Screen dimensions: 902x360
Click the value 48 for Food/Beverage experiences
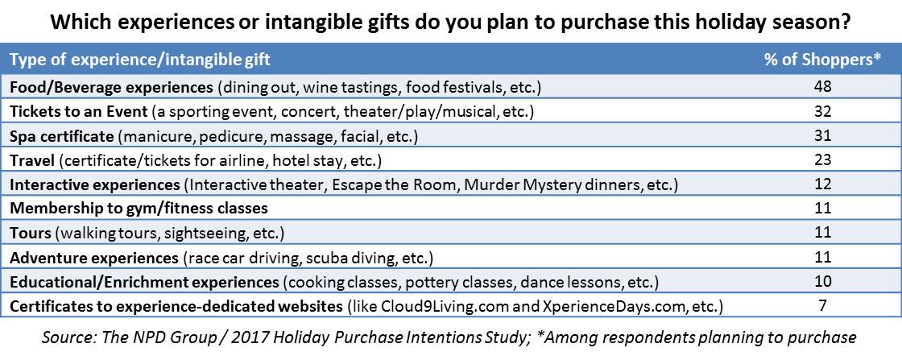pos(823,88)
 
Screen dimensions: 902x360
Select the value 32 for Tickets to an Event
pos(823,112)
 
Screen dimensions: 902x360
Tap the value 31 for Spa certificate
pos(823,136)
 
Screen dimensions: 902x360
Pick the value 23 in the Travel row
pos(823,160)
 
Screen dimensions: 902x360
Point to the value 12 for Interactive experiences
pos(823,184)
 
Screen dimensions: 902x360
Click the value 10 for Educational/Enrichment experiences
pos(823,282)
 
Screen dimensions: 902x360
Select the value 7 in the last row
pos(823,306)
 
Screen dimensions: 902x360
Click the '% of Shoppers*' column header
pos(822,60)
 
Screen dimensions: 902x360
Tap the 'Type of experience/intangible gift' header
pos(140,60)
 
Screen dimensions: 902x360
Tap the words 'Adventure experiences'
pos(94,259)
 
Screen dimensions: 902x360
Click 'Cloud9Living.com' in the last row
pos(451,307)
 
